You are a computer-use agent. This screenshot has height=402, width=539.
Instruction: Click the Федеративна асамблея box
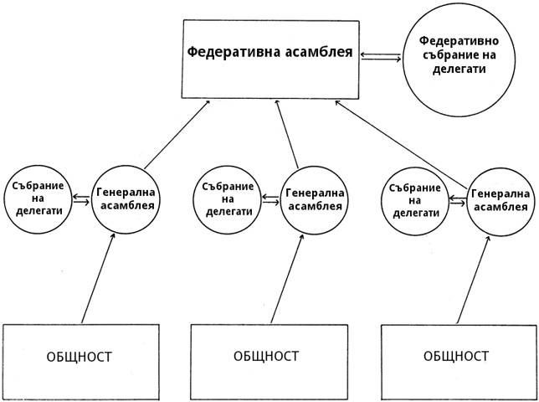269,57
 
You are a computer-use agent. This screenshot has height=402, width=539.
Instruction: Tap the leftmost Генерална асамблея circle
124,198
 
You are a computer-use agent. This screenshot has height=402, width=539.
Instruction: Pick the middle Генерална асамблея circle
313,198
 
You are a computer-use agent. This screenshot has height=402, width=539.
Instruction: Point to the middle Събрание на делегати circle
227,199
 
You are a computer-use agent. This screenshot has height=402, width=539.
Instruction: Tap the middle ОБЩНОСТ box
267,356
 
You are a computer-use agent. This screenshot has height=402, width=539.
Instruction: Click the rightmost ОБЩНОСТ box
456,356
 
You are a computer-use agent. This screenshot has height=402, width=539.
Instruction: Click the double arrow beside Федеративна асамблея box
380,56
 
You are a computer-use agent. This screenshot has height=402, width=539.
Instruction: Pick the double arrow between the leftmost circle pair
81,199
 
